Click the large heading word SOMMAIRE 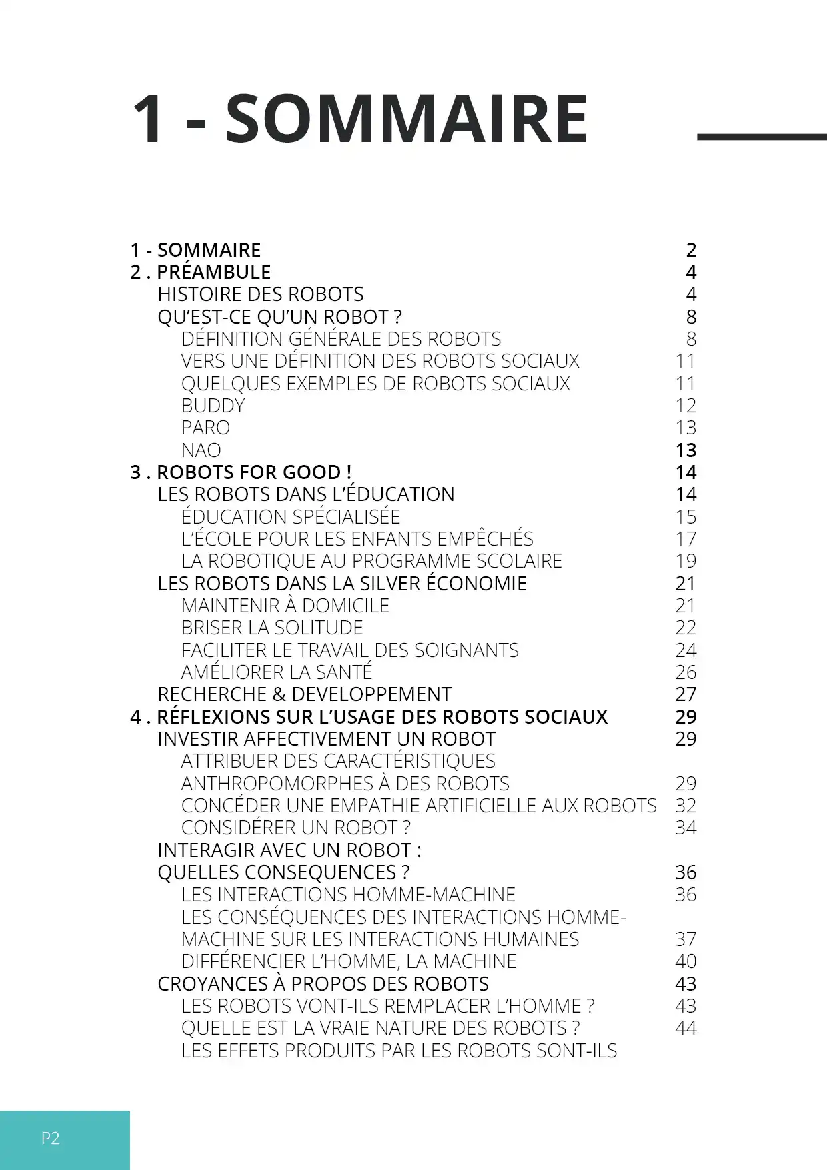406,119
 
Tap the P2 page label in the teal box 51,1138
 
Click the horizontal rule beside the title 761,137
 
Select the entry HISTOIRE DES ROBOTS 261,294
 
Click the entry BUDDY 213,406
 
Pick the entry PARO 205,428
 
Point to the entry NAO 201,450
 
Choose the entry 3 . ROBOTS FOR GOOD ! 241,472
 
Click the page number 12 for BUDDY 686,406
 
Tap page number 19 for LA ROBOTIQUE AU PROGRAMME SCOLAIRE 686,561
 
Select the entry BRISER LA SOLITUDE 272,628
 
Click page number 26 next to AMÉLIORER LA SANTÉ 686,672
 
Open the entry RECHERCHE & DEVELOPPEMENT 305,694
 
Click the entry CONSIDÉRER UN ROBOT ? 296,828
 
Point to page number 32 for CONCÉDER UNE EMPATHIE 686,806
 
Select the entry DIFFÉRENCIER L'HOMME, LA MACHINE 349,961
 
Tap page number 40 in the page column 686,961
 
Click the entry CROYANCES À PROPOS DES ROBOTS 323,984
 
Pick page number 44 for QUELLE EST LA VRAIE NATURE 686,1028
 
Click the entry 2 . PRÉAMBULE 201,272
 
